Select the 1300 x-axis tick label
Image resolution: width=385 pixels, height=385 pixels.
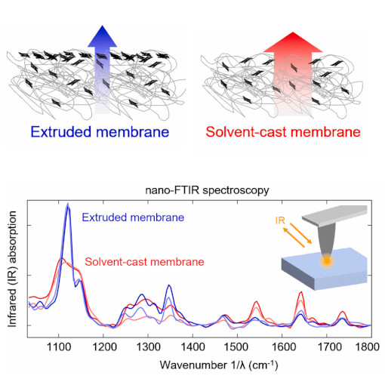point(148,346)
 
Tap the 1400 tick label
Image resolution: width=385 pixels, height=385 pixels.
point(192,346)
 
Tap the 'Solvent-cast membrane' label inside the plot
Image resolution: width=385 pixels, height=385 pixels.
point(145,262)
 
